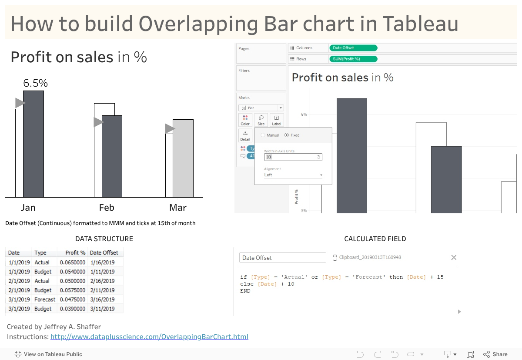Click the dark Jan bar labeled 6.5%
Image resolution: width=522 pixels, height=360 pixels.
[x=33, y=144]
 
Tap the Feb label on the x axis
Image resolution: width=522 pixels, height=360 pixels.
[x=107, y=208]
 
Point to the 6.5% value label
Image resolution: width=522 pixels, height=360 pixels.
[x=35, y=83]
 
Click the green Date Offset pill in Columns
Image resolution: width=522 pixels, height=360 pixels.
[x=353, y=48]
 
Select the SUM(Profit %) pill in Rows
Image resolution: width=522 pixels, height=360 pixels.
[x=353, y=59]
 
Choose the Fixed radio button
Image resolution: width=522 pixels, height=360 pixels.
[x=287, y=135]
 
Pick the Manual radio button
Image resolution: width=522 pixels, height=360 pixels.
[x=263, y=135]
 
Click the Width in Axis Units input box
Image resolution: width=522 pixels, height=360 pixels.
[x=293, y=157]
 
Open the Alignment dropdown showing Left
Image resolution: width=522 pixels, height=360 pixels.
[x=293, y=175]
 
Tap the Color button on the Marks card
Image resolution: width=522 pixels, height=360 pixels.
[x=245, y=120]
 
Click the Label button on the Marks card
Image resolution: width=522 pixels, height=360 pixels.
[x=277, y=120]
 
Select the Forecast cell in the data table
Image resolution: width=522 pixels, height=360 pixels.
[x=45, y=299]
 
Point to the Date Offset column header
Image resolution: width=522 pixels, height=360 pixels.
[x=104, y=253]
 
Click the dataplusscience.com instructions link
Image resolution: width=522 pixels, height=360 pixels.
[x=149, y=336]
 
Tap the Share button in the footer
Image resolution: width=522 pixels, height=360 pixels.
[x=495, y=354]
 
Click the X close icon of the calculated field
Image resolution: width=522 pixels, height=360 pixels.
[x=454, y=258]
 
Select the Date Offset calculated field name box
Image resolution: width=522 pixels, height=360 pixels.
[x=282, y=258]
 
